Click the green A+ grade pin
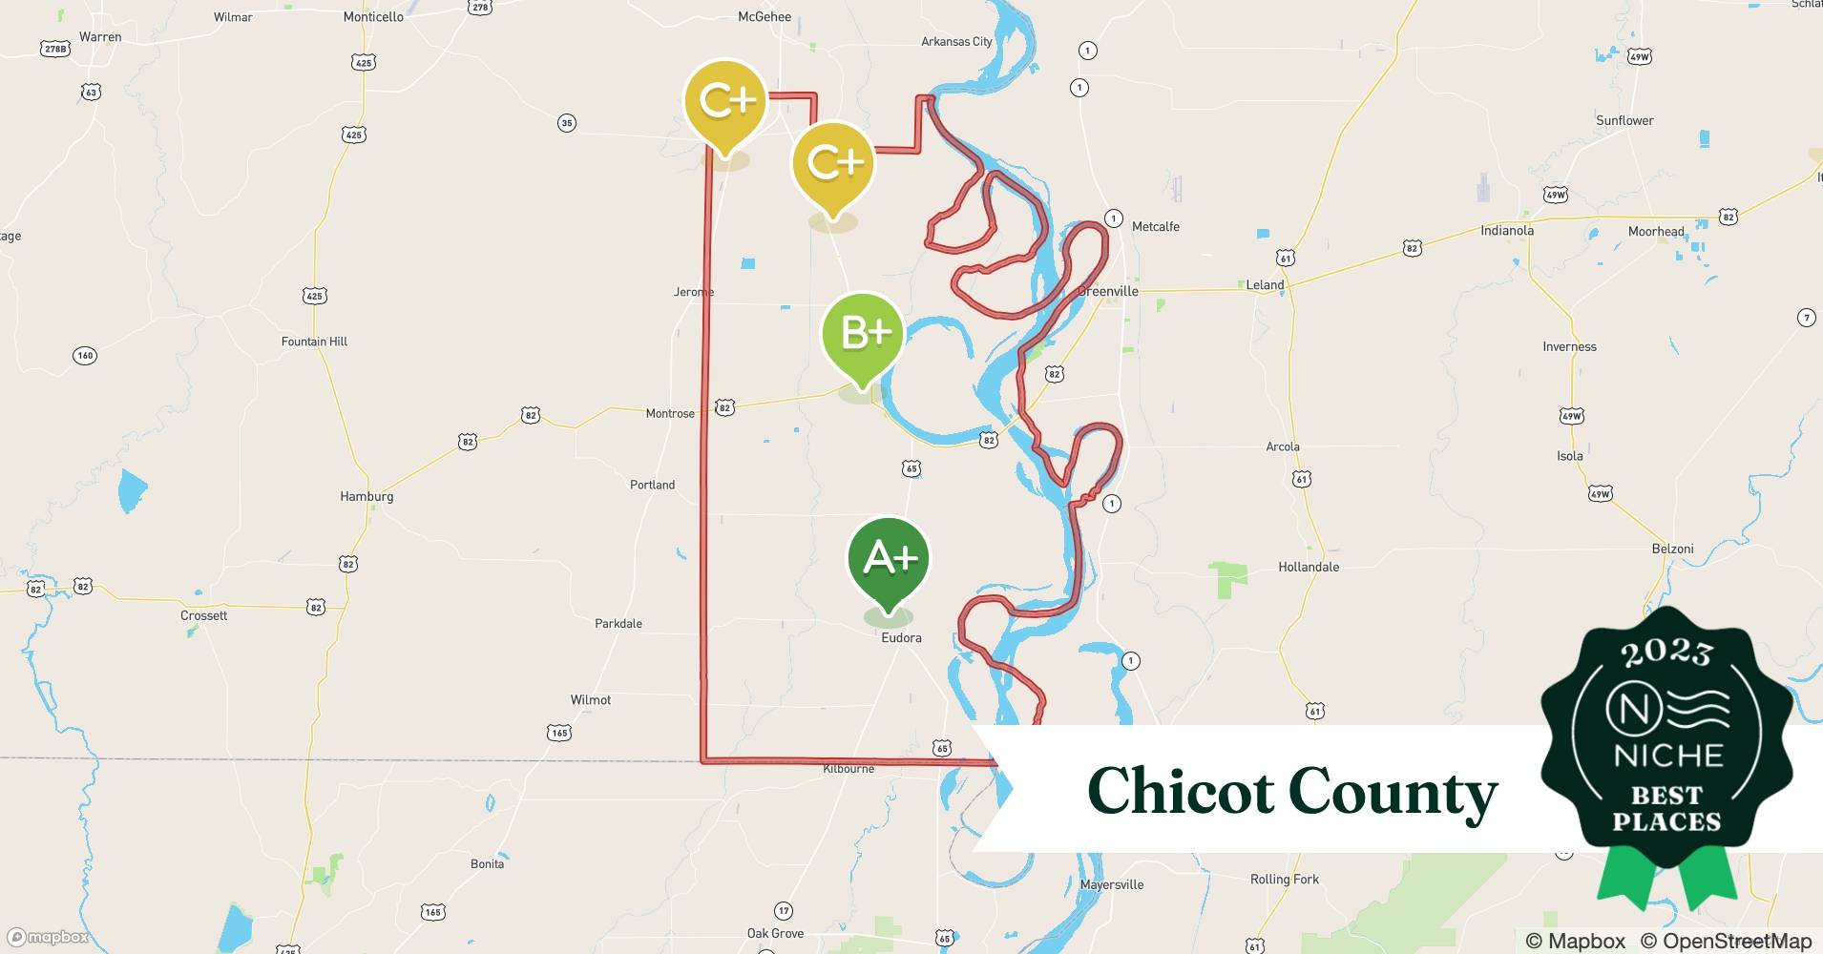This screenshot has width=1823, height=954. [889, 558]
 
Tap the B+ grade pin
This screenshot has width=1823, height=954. [863, 334]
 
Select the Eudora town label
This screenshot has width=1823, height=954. [901, 637]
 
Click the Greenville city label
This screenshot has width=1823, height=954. [1108, 291]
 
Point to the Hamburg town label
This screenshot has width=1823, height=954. [367, 496]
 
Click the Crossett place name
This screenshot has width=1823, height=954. [204, 615]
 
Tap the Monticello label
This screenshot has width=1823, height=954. [373, 17]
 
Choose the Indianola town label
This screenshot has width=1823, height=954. [1507, 230]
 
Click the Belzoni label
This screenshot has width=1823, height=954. [1672, 549]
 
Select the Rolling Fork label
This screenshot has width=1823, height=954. [1285, 879]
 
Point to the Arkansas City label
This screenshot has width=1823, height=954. [956, 41]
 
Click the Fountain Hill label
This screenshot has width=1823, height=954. [314, 342]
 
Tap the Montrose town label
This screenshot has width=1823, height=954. [670, 413]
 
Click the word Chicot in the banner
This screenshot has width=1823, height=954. [1180, 792]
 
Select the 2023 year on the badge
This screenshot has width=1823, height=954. [1666, 653]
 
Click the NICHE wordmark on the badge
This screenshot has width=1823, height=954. [1667, 756]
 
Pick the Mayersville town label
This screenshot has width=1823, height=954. [1112, 884]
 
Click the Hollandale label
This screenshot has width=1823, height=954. [1309, 567]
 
